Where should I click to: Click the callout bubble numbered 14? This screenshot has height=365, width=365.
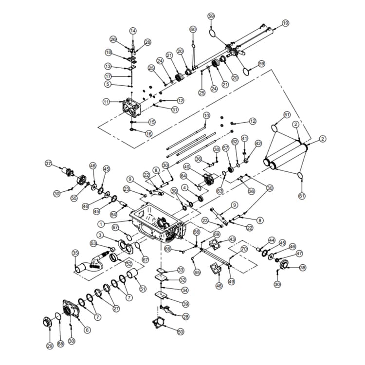(133, 31)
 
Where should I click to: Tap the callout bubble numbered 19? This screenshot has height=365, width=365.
(285, 23)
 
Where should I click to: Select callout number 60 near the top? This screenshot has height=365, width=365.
(193, 30)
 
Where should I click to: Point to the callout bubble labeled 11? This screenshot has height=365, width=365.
(106, 102)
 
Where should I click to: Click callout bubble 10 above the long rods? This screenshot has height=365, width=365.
(206, 115)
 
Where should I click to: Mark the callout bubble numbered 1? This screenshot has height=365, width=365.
(101, 224)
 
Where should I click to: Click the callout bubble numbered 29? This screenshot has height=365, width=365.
(49, 346)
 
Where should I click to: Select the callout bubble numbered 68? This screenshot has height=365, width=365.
(60, 344)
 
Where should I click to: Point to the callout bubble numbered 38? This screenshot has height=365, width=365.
(303, 268)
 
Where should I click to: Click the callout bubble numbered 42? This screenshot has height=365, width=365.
(258, 144)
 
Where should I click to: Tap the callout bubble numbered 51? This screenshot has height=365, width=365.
(143, 289)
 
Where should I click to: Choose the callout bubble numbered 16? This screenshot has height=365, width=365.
(149, 133)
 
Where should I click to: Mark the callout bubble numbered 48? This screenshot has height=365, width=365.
(219, 286)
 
